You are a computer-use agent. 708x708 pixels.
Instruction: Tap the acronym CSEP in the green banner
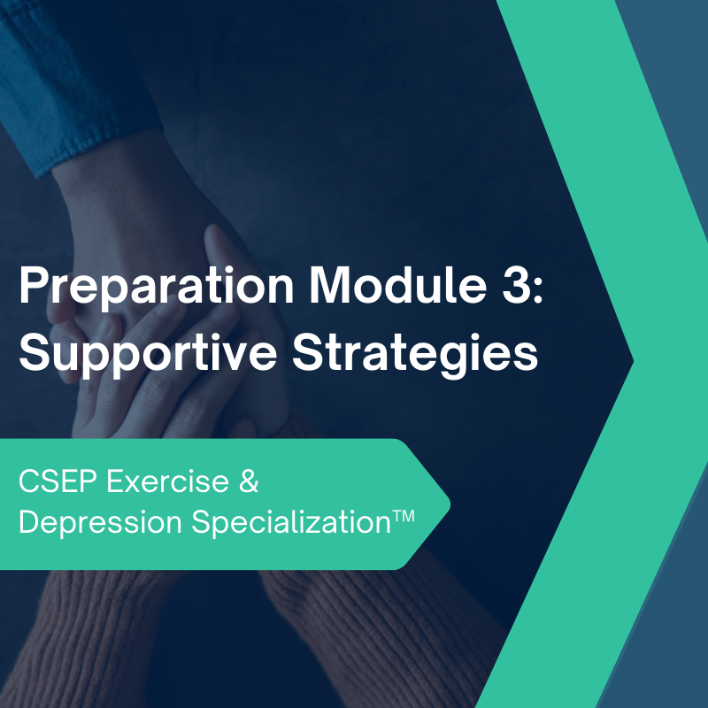point(56,484)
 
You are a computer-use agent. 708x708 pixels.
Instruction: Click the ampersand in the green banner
point(250,484)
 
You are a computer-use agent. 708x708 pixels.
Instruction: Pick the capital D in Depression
point(28,522)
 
